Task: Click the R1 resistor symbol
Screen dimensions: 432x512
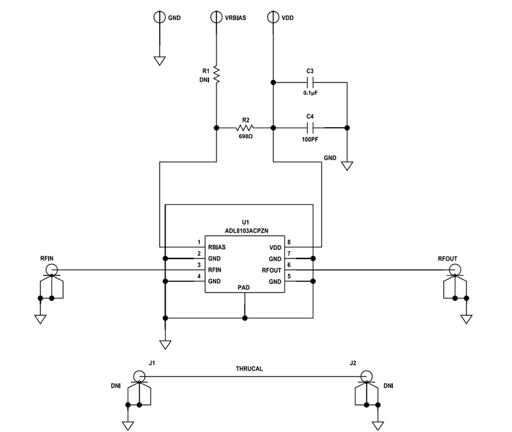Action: [216, 75]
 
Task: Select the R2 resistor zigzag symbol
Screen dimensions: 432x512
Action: [245, 128]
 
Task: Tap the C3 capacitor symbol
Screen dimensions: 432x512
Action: [310, 82]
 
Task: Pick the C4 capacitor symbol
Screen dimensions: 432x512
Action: [310, 128]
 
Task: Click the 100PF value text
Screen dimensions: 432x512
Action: [310, 139]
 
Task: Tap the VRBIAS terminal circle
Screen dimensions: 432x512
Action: [216, 17]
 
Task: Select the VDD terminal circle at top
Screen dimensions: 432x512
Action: [273, 17]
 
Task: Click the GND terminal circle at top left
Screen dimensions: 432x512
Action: [160, 17]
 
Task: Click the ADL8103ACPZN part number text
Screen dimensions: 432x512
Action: [245, 231]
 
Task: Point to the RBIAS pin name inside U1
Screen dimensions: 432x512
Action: [218, 247]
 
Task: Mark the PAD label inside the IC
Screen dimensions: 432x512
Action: [244, 289]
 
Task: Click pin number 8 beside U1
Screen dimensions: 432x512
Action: [289, 242]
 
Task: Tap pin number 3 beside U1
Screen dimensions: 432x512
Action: [198, 265]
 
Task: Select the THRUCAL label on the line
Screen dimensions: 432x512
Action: [249, 368]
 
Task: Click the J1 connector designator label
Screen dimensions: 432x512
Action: [152, 363]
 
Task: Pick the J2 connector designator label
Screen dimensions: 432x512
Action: [353, 363]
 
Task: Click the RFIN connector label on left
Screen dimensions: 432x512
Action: [47, 258]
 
